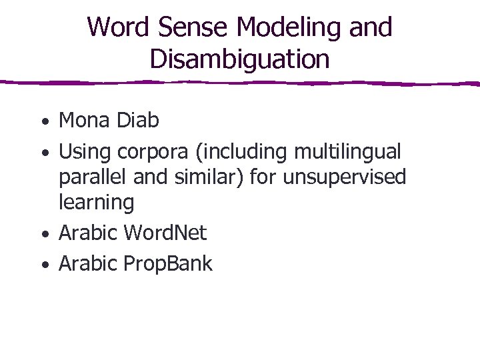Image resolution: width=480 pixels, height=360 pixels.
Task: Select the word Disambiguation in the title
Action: (240, 59)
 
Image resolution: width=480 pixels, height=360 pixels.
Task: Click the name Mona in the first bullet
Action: (85, 121)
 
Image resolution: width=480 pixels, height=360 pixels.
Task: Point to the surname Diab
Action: (138, 121)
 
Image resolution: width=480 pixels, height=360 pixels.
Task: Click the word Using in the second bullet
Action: (85, 152)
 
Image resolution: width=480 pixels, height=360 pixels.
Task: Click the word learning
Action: (97, 202)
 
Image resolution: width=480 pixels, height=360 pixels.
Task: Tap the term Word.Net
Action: (166, 233)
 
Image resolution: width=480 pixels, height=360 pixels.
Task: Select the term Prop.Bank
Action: (168, 264)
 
